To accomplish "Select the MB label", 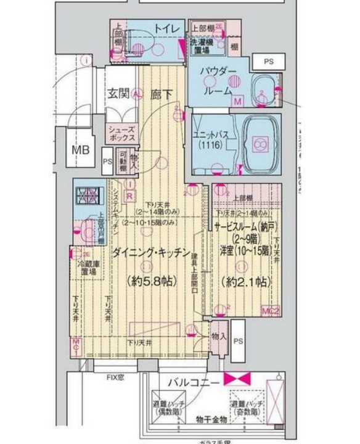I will [x=81, y=149].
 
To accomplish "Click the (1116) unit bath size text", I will [x=207, y=147].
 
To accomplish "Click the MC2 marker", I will [x=272, y=311].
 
